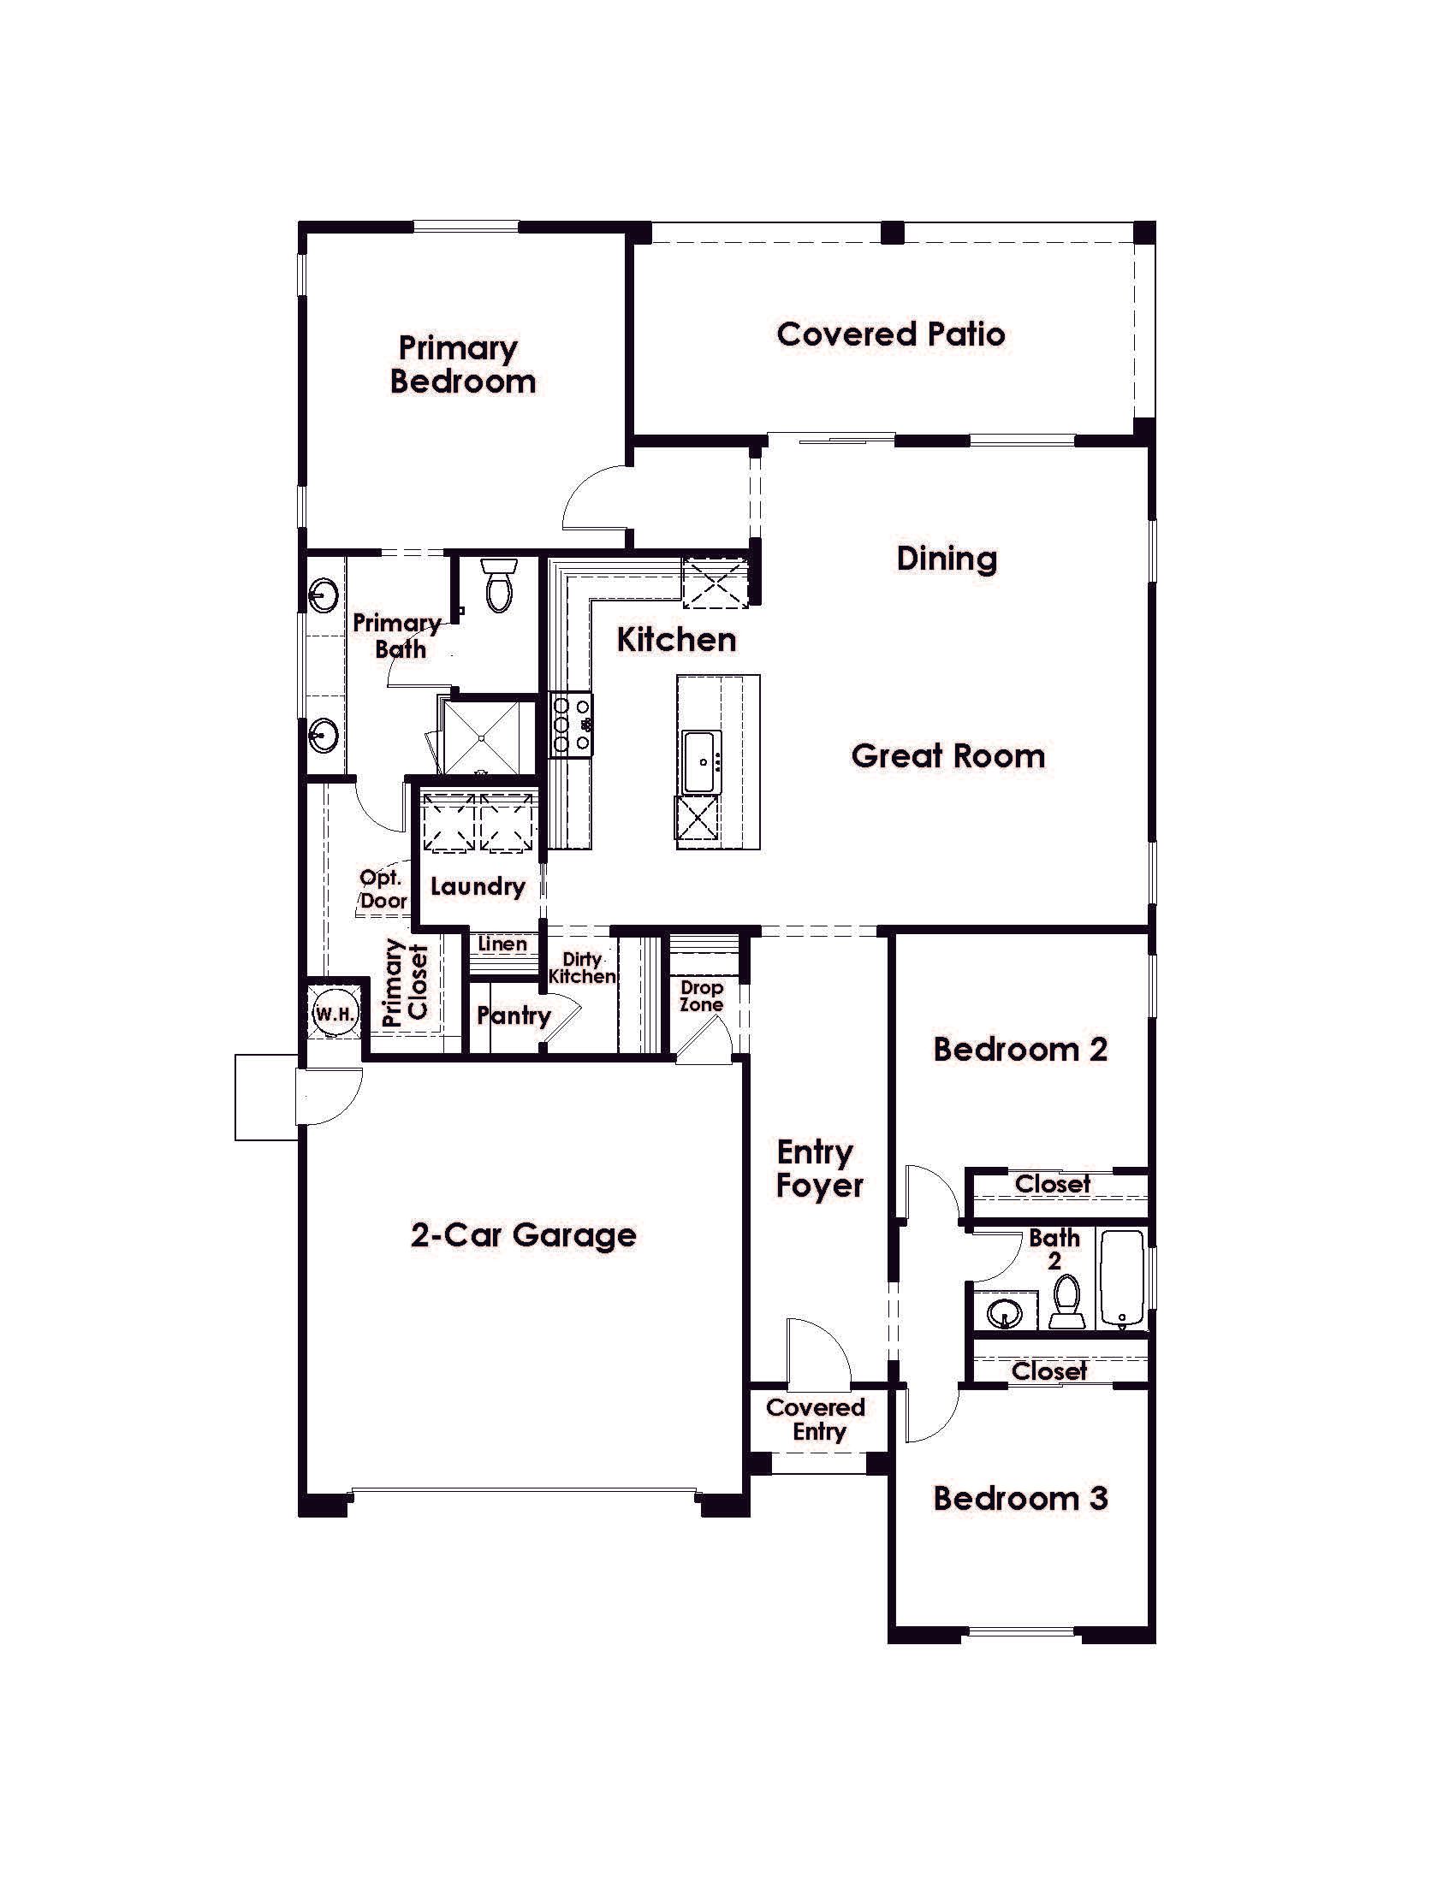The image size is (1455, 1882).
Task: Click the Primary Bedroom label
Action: pyautogui.click(x=461, y=364)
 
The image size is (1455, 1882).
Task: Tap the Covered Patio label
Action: pyautogui.click(x=890, y=334)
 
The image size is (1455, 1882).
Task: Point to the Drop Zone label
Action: pyautogui.click(x=701, y=995)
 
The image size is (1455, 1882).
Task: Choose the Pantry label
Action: pyautogui.click(x=514, y=1015)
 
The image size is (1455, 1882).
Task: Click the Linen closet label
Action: pyautogui.click(x=502, y=944)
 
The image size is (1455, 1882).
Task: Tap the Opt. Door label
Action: pyautogui.click(x=382, y=890)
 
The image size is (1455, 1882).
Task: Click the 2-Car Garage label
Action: pyautogui.click(x=523, y=1236)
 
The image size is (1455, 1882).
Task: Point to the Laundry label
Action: pyautogui.click(x=478, y=887)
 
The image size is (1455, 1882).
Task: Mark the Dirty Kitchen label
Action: pyautogui.click(x=582, y=968)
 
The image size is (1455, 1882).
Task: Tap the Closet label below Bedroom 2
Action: pyautogui.click(x=1053, y=1184)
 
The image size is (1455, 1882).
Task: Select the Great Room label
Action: pyautogui.click(x=948, y=755)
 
